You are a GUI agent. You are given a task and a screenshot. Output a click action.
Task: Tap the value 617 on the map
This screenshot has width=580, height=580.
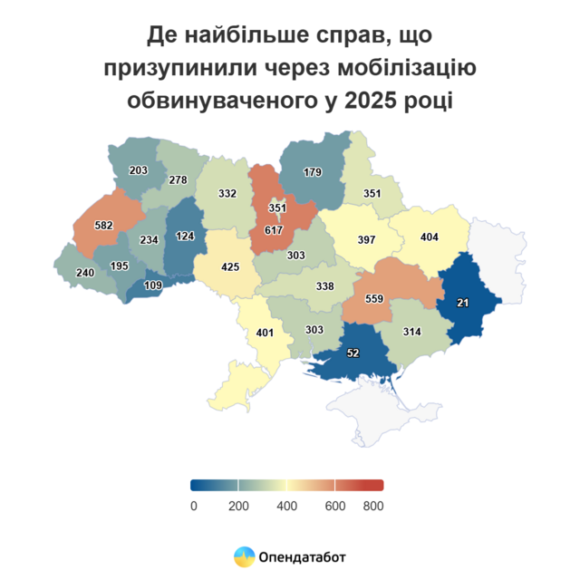274,231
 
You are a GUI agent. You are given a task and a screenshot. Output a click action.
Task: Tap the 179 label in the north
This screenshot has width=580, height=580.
313,172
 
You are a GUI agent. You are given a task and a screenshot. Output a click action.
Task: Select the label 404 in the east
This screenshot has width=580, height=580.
431,237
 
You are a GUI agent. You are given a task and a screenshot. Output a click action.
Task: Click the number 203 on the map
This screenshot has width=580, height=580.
139,170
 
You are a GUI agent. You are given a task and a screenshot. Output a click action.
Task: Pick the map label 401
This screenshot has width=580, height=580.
264,333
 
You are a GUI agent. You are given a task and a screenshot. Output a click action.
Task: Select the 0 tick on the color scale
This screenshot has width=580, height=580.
194,506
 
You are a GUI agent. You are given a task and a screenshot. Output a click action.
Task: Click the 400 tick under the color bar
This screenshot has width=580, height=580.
287,506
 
